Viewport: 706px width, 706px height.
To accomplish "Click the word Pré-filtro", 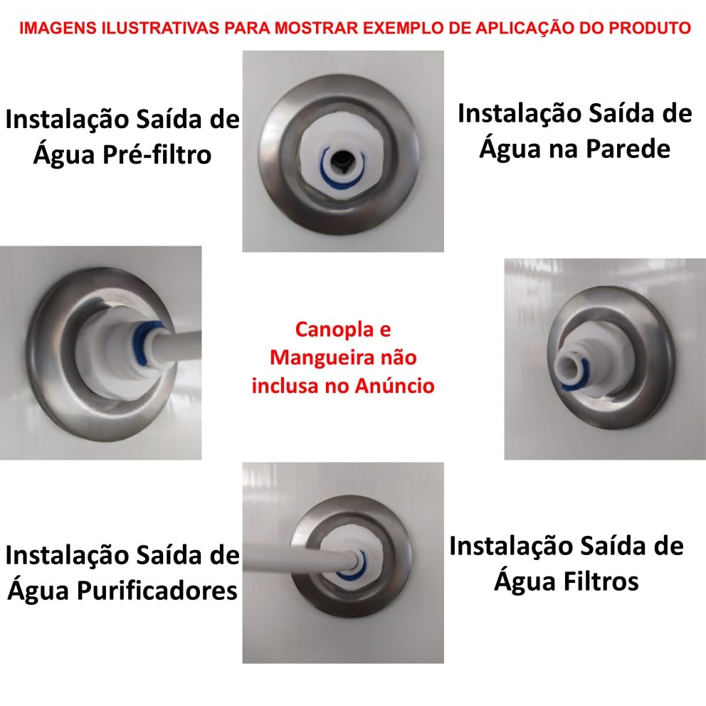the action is coord(157,154).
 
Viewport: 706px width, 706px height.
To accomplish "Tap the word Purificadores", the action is coord(157,590).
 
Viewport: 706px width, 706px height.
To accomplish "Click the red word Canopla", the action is coord(334,330).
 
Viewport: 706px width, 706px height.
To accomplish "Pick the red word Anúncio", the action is coord(394,386).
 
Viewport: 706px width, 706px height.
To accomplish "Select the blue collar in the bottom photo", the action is coord(354,568).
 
